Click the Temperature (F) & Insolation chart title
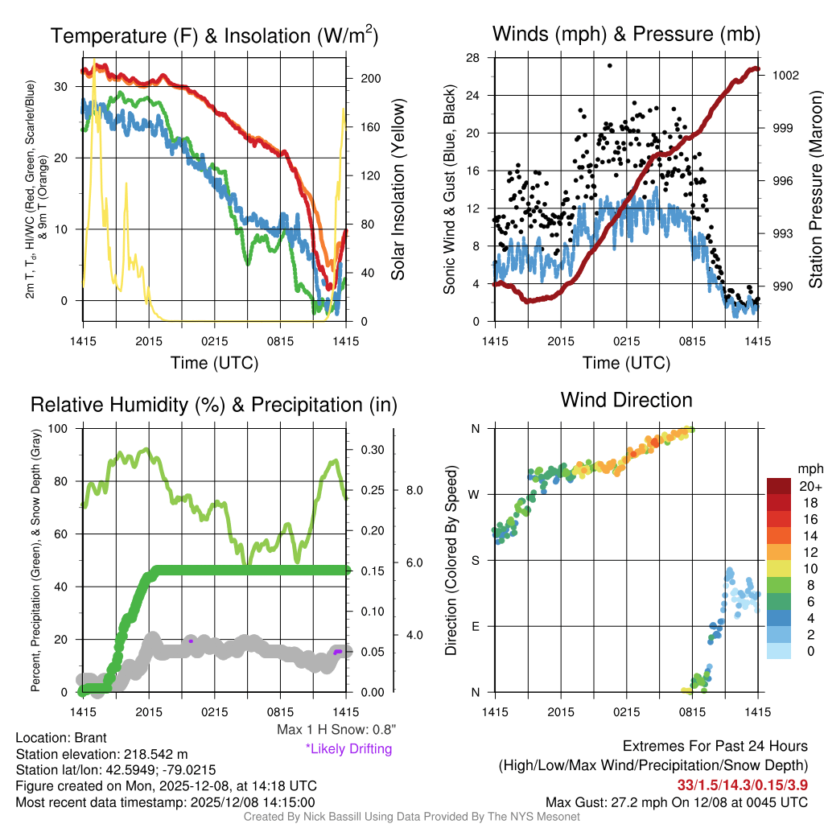pos(214,36)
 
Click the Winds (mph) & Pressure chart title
pos(626,35)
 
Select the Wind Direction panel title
pos(626,400)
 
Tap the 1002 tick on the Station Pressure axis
pos(785,76)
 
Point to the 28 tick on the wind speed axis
pos(473,57)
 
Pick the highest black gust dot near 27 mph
pos(610,66)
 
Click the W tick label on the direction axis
pos(476,494)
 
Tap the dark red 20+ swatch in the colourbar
pos(778,487)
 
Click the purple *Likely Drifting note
pos(348,748)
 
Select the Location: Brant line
pos(61,738)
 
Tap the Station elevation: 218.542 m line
pos(101,754)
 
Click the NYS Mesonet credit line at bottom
pos(411,817)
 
